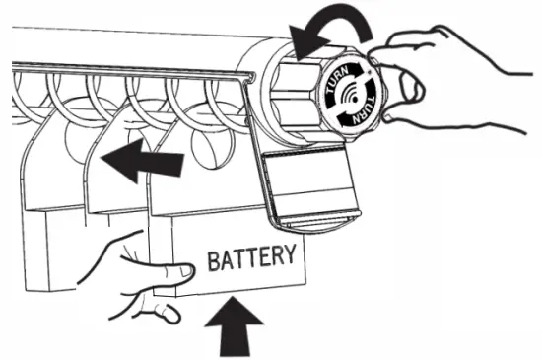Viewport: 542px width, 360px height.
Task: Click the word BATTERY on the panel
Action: (250, 259)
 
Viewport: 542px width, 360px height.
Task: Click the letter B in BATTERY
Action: (212, 260)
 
